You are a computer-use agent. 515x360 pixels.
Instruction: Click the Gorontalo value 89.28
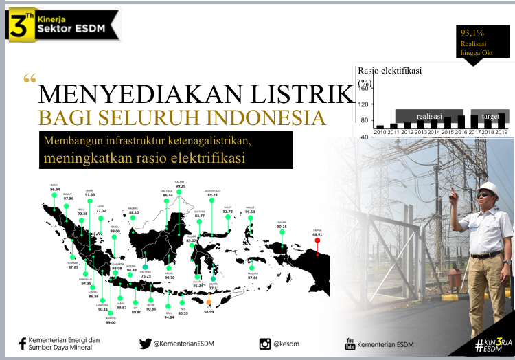click(x=212, y=194)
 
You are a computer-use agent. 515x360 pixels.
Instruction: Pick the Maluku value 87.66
click(x=253, y=278)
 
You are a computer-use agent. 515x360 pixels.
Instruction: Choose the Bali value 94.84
click(x=170, y=318)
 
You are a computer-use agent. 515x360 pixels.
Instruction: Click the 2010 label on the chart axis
click(x=380, y=131)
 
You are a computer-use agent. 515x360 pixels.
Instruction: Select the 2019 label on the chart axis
click(x=501, y=131)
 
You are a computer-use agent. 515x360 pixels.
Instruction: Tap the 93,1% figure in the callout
click(x=472, y=32)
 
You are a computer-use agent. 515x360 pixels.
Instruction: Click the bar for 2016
click(x=461, y=122)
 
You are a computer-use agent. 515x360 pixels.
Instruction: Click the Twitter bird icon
click(x=145, y=344)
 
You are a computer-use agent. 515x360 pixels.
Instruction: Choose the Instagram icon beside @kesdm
click(x=265, y=344)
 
